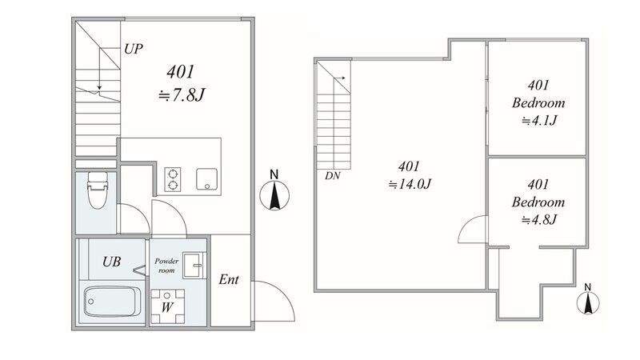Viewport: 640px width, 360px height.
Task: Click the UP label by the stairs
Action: tap(134, 49)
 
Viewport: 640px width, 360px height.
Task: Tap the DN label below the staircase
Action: tap(332, 176)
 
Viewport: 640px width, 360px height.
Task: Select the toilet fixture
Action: tap(98, 190)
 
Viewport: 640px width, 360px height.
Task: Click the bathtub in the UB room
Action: tap(112, 302)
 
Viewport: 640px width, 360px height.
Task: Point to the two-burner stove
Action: tap(173, 179)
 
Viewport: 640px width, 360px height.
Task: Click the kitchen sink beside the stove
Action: tap(206, 179)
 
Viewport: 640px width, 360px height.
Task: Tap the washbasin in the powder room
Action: tap(194, 266)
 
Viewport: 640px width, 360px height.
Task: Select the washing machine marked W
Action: tap(167, 306)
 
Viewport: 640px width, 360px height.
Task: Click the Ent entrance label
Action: tap(229, 279)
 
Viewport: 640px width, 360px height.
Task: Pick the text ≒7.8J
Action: tap(182, 95)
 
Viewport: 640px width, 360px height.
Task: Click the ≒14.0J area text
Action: tap(410, 184)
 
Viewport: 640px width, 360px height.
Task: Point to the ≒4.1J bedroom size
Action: tap(538, 121)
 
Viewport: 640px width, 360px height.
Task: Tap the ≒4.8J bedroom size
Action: tap(538, 219)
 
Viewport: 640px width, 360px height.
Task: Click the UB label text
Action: tap(111, 262)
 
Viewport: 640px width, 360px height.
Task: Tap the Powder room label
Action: tap(166, 266)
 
